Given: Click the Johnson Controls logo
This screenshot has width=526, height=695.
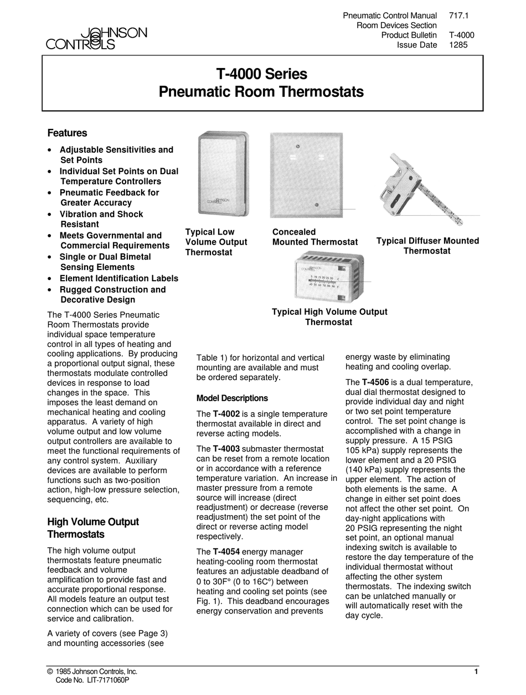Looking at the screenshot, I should pos(96,39).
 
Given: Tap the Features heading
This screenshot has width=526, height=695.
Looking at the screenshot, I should pos(67,133).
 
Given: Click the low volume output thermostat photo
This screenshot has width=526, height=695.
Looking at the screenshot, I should pos(223,174).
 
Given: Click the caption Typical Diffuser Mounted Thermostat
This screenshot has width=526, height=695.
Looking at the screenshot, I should pos(427,246).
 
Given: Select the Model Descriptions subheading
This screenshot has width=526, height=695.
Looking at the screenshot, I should pos(232,398).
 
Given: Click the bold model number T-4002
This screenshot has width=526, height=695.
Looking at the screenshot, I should pos(226,414).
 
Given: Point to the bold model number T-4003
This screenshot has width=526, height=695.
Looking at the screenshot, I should pos(226,449).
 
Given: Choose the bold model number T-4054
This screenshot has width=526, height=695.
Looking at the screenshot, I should pos(226,552).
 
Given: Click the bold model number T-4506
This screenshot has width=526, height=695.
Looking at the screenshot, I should pos(375,382).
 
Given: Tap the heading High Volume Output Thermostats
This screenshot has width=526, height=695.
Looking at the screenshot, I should pos(92,528).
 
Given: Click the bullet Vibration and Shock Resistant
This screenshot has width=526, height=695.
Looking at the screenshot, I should pos(101,219).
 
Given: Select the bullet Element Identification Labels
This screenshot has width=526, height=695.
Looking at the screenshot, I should pos(119,278).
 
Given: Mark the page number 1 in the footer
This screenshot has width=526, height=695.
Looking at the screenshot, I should pos(476,672).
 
